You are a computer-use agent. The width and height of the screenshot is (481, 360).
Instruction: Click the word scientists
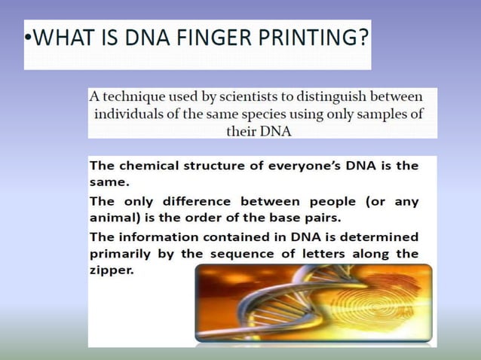240,97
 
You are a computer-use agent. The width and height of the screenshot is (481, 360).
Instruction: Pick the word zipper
111,270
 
